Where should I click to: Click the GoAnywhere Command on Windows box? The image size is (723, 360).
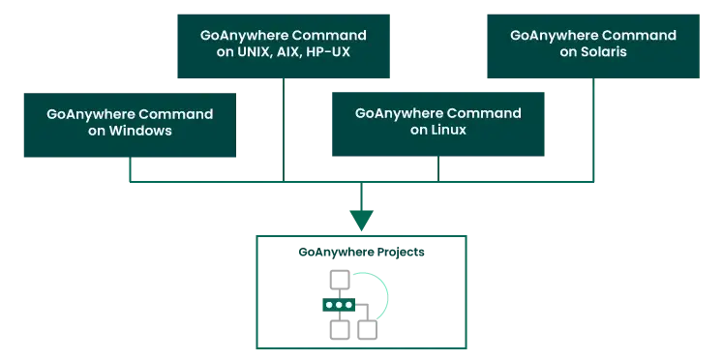(x=130, y=126)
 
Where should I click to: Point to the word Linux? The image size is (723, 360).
(x=451, y=130)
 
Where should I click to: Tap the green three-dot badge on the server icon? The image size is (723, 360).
(x=339, y=305)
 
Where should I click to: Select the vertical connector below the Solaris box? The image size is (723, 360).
(x=592, y=131)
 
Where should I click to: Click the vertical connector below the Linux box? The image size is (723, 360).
(x=438, y=171)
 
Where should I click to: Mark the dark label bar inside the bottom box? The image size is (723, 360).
(x=360, y=254)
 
